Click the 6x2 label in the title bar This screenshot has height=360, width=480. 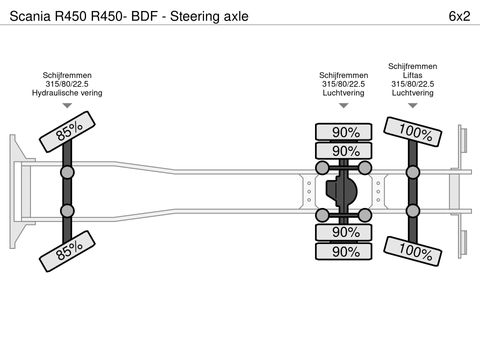tap(454, 17)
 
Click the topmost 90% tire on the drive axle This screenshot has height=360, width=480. tap(345, 132)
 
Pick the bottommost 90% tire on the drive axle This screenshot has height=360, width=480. tap(345, 251)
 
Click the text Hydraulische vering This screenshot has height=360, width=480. tap(67, 93)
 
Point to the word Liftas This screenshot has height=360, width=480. tap(412, 74)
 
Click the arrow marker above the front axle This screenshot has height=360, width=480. tap(67, 106)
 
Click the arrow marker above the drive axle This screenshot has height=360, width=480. tap(342, 106)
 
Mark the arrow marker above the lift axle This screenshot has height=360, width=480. tap(412, 106)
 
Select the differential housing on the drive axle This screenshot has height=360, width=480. tap(345, 191)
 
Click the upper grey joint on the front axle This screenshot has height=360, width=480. tap(68, 172)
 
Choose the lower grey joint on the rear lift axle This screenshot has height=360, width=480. tap(411, 211)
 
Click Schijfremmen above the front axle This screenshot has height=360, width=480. tap(67, 74)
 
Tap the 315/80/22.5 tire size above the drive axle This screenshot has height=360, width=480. tap(342, 84)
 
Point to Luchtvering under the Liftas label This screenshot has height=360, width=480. tap(412, 93)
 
